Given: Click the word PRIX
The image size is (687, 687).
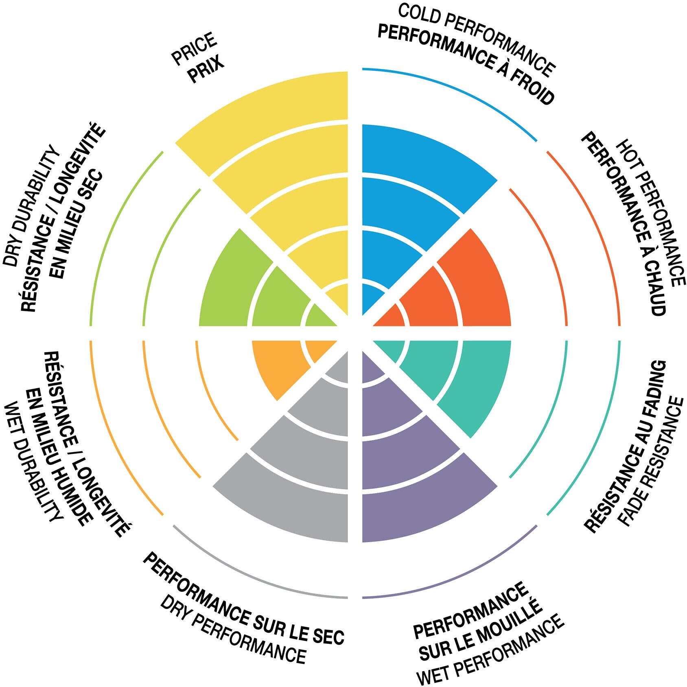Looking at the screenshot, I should [x=206, y=70].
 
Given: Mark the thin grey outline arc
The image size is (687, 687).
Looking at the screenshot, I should [x=252, y=574].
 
